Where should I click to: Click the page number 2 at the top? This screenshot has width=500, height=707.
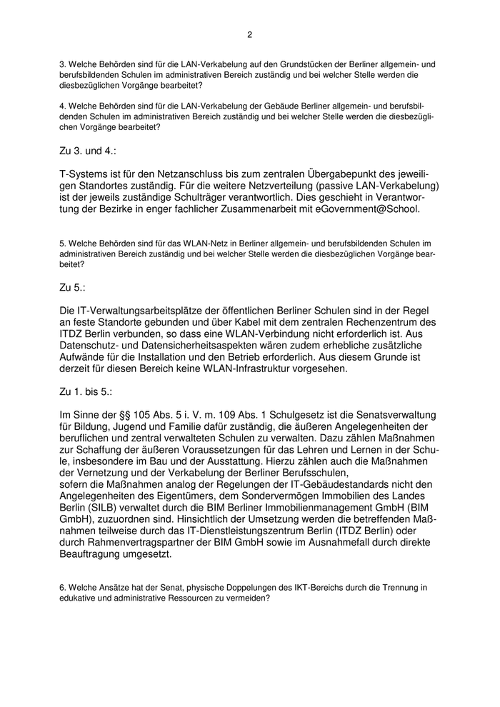pyautogui.click(x=249, y=34)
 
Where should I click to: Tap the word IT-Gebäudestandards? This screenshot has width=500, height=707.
pyautogui.click(x=349, y=483)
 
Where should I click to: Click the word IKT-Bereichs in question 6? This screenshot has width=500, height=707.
pyautogui.click(x=302, y=587)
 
